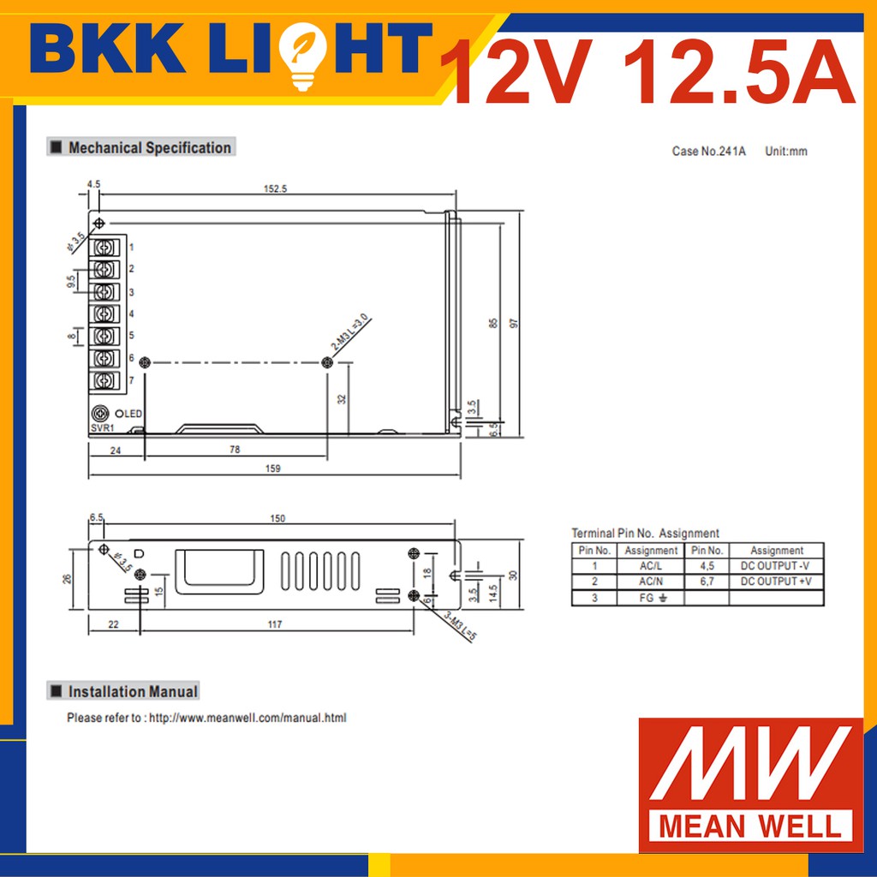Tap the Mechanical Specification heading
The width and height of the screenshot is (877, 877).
tap(149, 147)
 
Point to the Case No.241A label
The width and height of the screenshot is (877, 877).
tap(708, 151)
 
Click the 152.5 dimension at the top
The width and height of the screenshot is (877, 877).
tap(275, 189)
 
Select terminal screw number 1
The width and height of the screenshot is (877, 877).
tap(104, 248)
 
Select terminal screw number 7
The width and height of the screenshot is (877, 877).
tap(104, 381)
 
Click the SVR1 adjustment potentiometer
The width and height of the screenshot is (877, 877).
tap(100, 414)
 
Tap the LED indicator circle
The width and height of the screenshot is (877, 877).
tap(119, 414)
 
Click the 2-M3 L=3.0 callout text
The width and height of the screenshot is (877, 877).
tap(350, 332)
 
